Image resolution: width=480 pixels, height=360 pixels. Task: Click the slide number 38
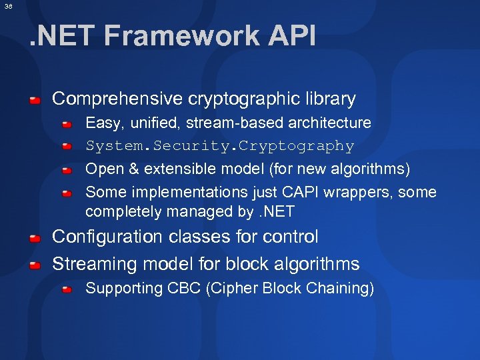click(x=8, y=6)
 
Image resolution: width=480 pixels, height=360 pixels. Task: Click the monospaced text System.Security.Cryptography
click(x=219, y=145)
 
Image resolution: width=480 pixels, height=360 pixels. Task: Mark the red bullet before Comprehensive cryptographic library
click(x=35, y=100)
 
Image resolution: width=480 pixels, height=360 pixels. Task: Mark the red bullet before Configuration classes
click(x=35, y=238)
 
